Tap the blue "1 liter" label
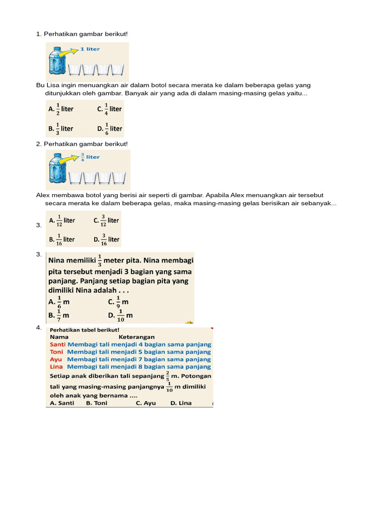tap(90, 49)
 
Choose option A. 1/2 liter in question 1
tap(61, 109)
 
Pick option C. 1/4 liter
tap(109, 109)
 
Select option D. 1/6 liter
tap(110, 128)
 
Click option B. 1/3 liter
tap(61, 128)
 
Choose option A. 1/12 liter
tap(62, 220)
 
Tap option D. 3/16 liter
tap(106, 239)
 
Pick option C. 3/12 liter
tap(106, 220)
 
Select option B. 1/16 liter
tap(62, 239)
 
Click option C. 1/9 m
tap(118, 302)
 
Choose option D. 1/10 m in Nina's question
tap(120, 315)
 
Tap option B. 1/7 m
tap(59, 315)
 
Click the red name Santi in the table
tap(58, 344)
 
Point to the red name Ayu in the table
tap(56, 359)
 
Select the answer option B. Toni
tap(96, 403)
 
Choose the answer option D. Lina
tap(181, 403)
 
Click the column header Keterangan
tap(137, 337)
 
